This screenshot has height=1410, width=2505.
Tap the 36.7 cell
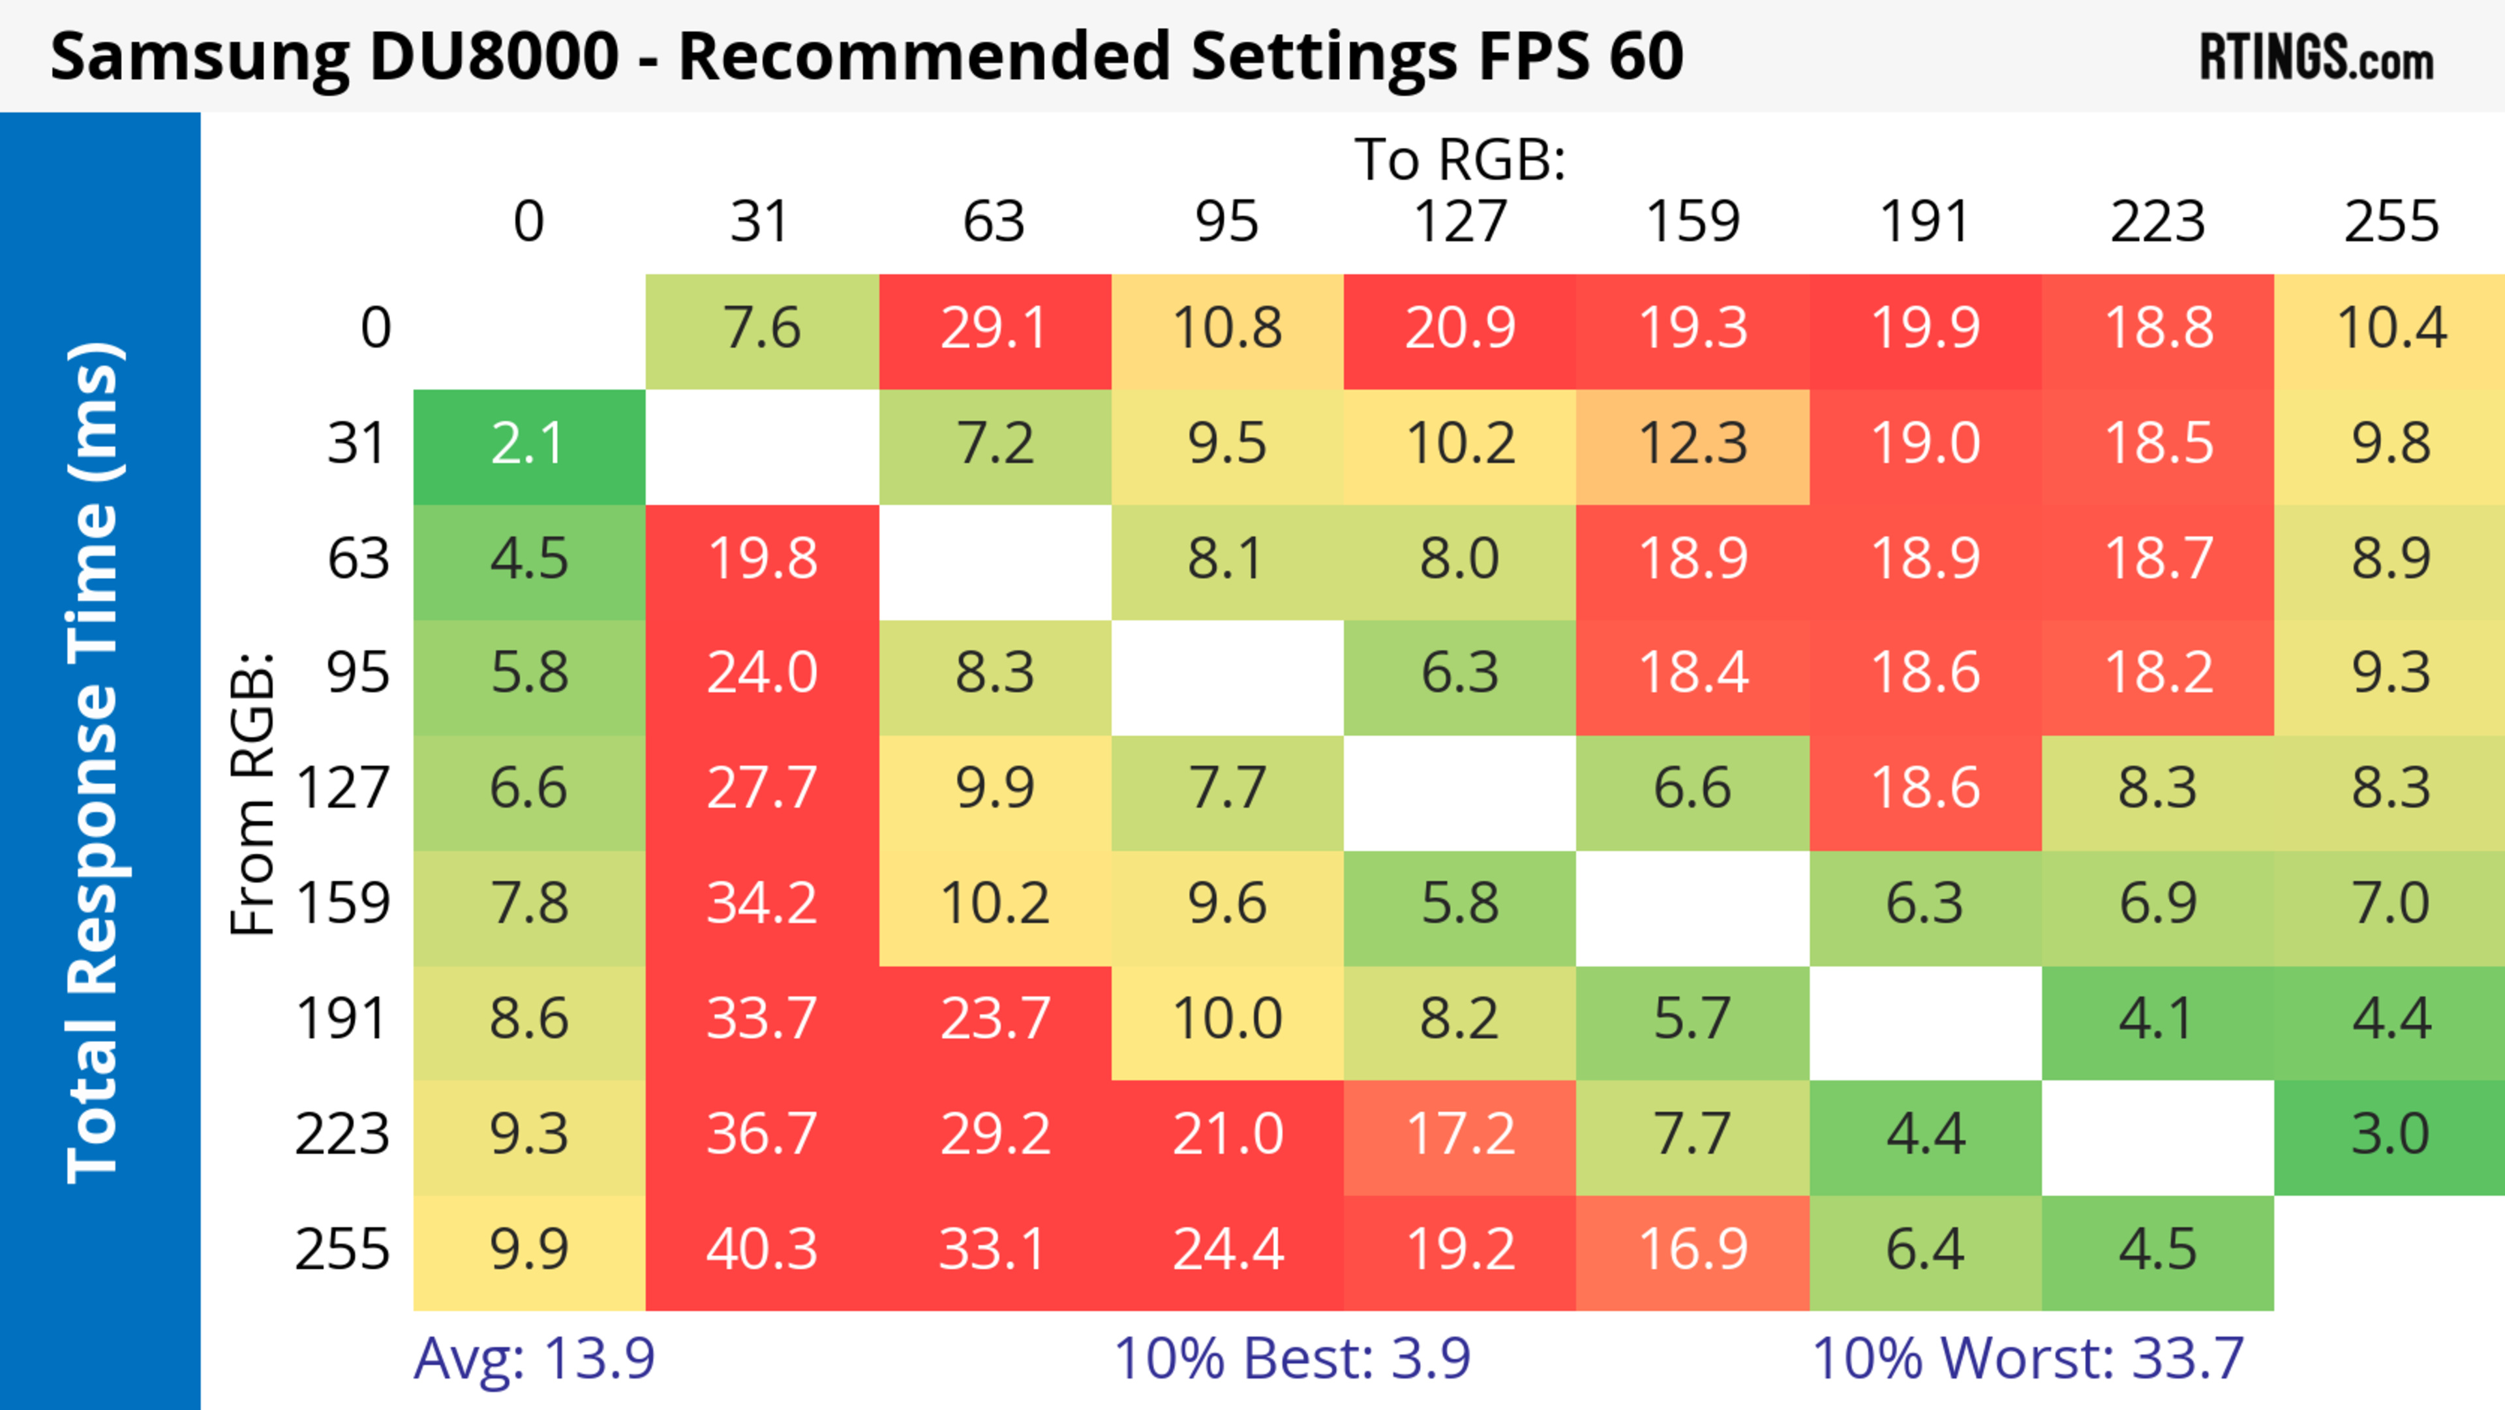[x=761, y=1135]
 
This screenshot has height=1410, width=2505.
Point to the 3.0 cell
[x=2390, y=1135]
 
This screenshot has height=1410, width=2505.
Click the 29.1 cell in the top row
[x=994, y=329]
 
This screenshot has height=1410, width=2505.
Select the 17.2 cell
[x=1460, y=1135]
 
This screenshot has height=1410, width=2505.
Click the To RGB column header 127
[x=1460, y=222]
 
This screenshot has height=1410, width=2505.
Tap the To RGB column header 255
[x=2390, y=222]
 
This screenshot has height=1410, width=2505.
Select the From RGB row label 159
[x=342, y=904]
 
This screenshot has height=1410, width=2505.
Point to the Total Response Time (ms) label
[x=95, y=763]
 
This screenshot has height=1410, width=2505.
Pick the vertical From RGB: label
[x=252, y=793]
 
